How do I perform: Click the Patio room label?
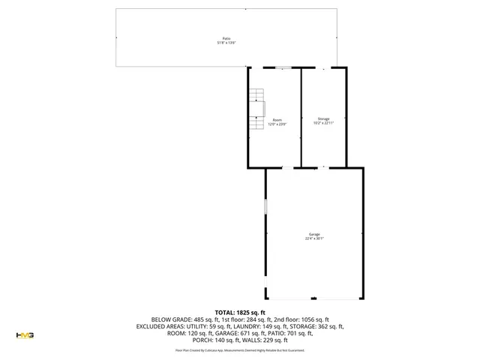[226, 38]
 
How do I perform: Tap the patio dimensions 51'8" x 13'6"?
[226, 43]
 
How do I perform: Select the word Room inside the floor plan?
[277, 120]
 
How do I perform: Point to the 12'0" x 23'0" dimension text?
[277, 124]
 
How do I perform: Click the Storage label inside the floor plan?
[323, 118]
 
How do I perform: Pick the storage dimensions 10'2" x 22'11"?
[323, 123]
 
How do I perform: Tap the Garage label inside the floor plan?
[314, 234]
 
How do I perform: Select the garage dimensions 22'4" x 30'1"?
[314, 238]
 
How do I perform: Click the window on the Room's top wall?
[282, 67]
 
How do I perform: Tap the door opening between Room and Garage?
[286, 167]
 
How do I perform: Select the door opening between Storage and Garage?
[323, 167]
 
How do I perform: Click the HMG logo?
[25, 335]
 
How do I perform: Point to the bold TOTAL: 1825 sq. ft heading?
[240, 312]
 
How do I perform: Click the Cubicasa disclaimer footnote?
[240, 349]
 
